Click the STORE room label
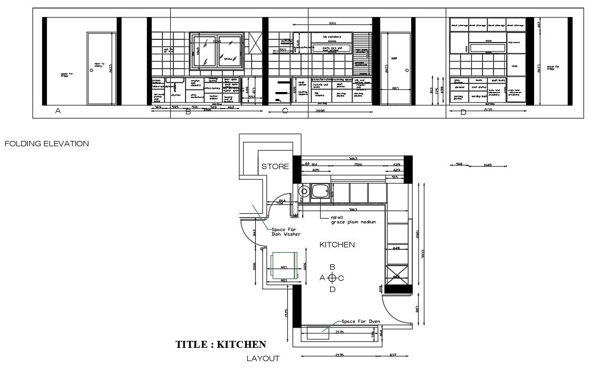pos(275,166)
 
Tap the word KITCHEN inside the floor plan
pos(337,245)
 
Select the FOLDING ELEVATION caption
pos(46,144)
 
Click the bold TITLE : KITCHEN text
pos(221,345)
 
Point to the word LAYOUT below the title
pos(263,358)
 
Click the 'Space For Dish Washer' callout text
pos(286,232)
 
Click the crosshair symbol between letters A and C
pos(332,278)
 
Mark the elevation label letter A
pos(58,111)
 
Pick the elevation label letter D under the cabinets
pos(463,112)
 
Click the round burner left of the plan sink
pos(305,191)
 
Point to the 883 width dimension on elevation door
pos(395,89)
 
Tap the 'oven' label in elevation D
pos(514,66)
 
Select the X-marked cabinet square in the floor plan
pos(396,276)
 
